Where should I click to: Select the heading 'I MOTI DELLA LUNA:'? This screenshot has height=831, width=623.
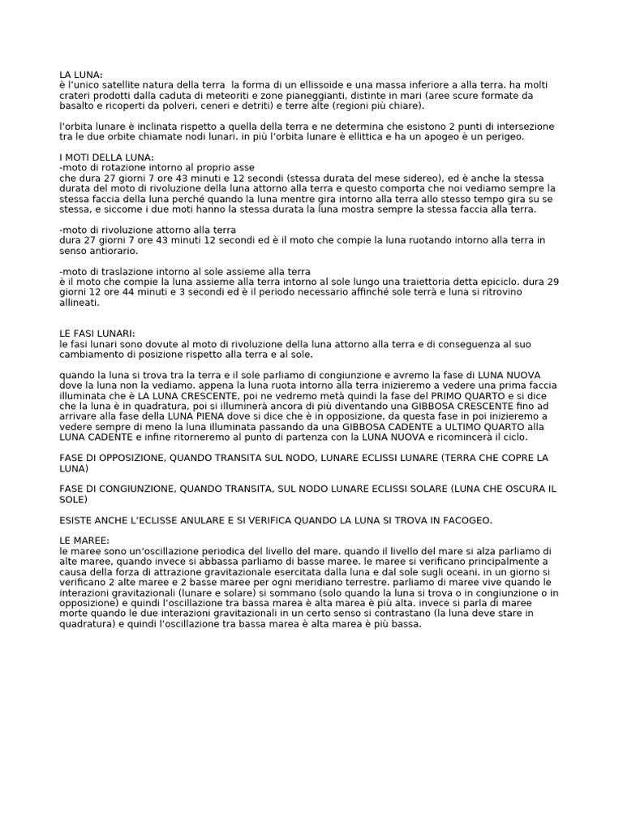pyautogui.click(x=106, y=157)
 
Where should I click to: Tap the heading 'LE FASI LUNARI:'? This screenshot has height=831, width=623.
pyautogui.click(x=97, y=334)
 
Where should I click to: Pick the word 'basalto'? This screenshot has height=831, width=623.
pyautogui.click(x=78, y=105)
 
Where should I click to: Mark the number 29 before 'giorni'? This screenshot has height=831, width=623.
pyautogui.click(x=552, y=282)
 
